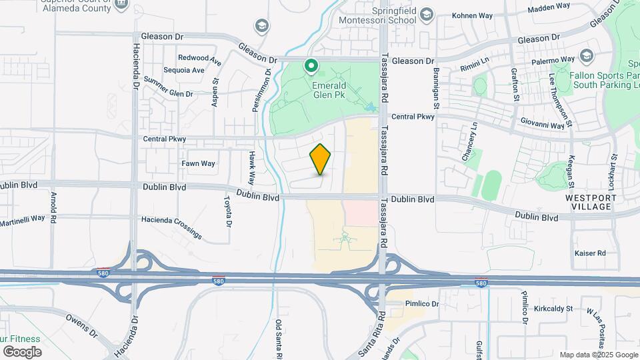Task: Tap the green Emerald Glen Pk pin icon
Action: [311, 65]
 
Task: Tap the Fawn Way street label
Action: [199, 163]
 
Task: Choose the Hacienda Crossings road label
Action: [171, 226]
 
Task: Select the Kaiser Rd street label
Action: [590, 253]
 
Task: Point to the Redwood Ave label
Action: [199, 59]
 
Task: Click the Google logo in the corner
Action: [22, 351]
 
